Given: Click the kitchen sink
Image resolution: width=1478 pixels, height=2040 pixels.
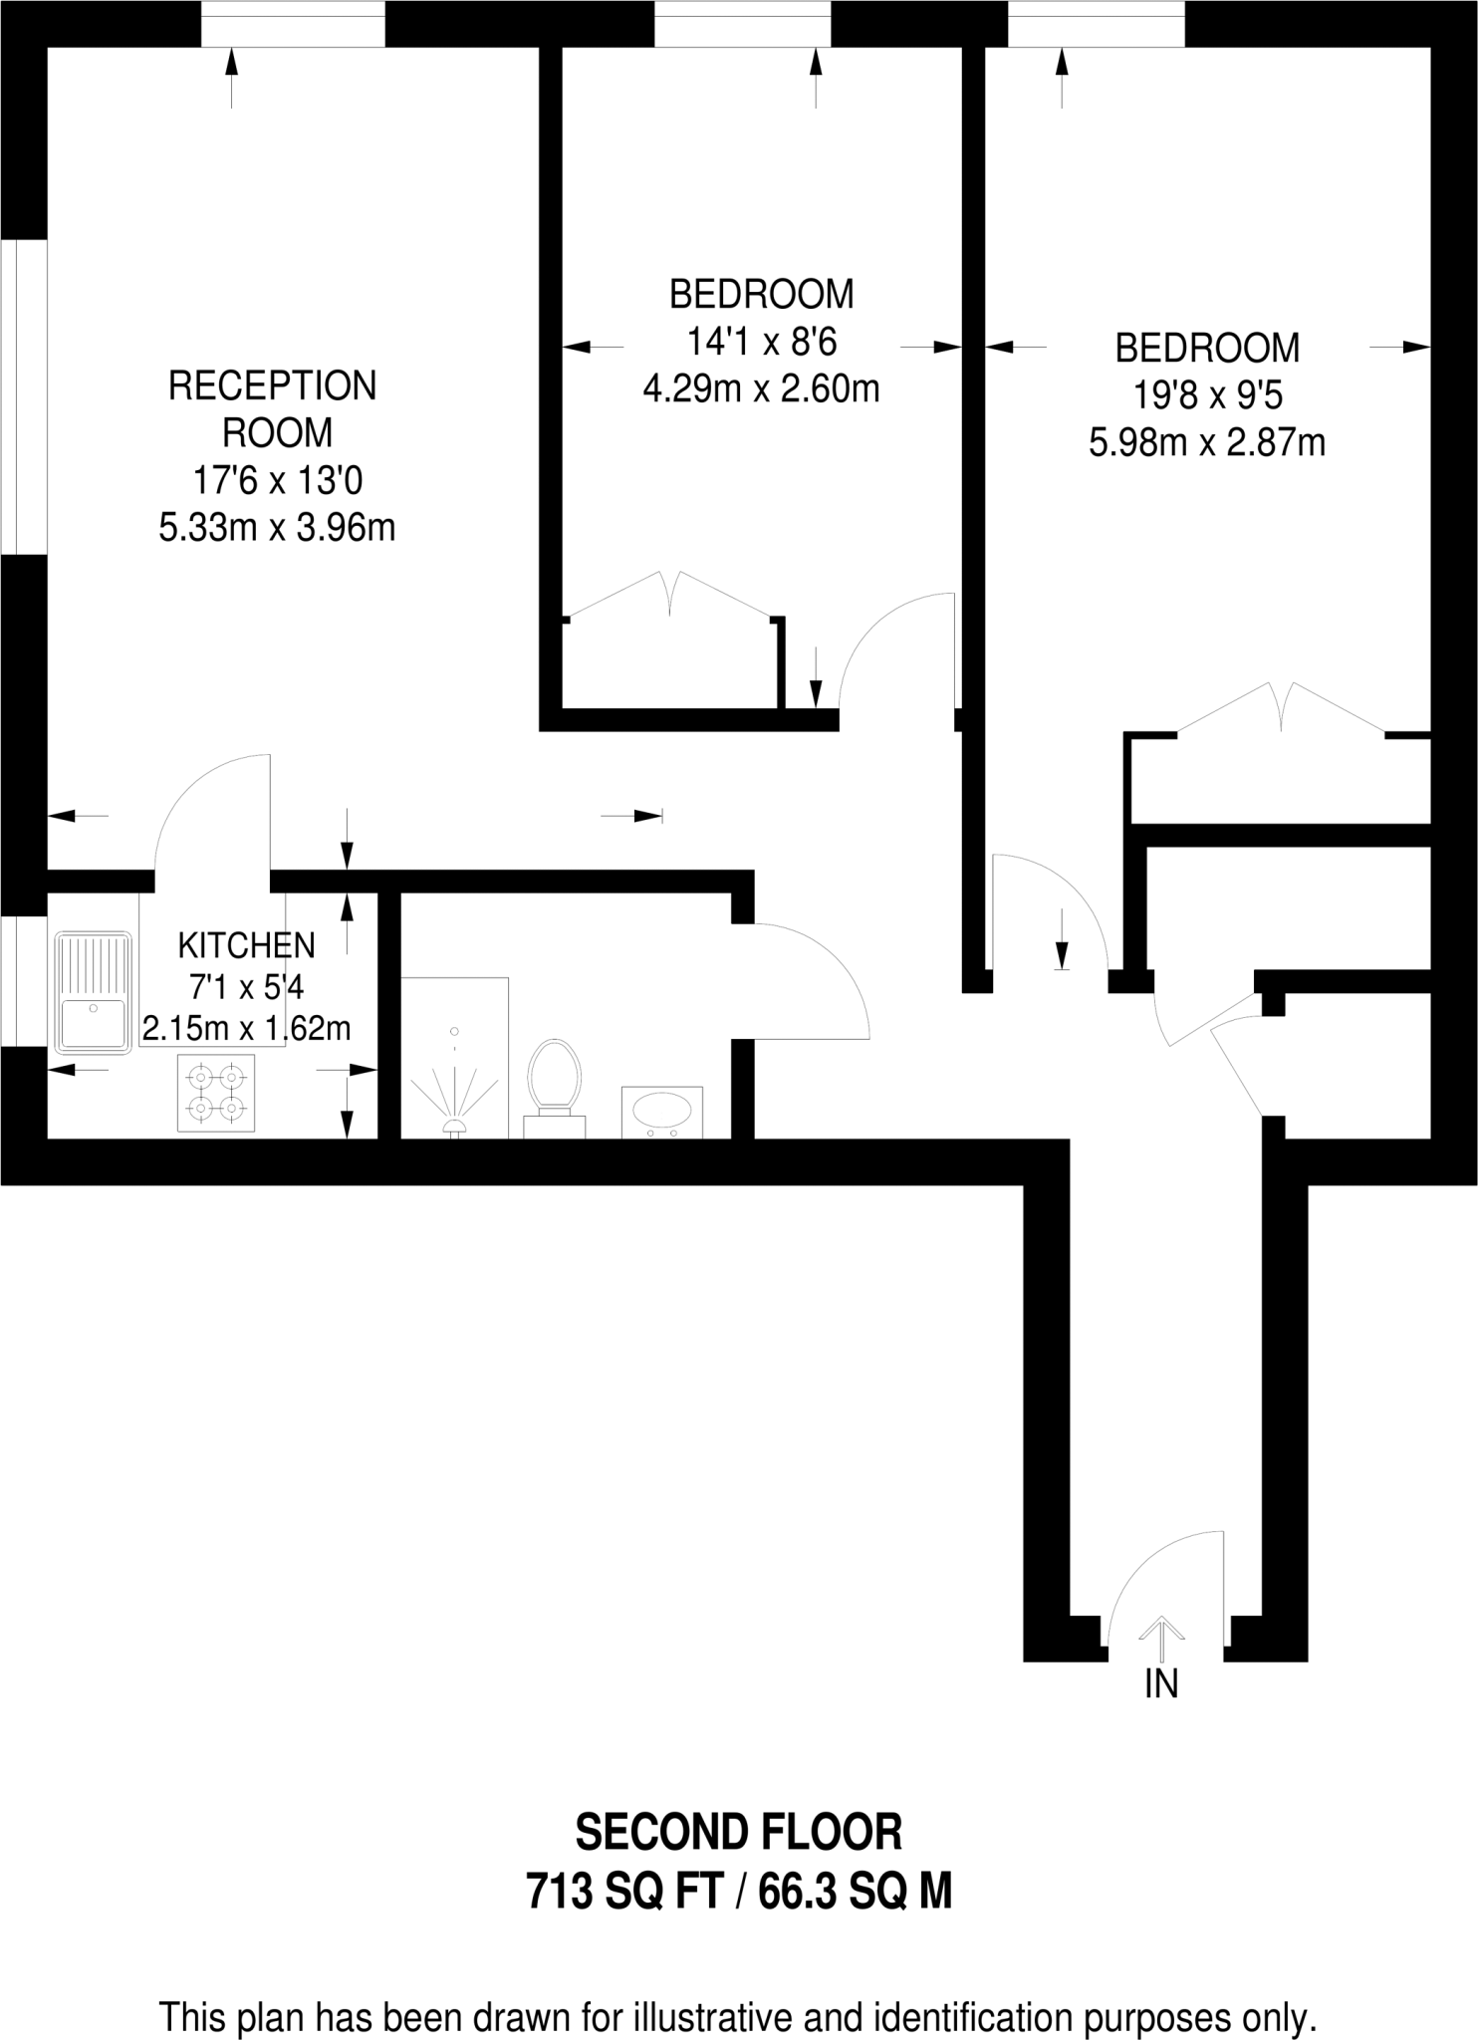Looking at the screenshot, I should coord(93,992).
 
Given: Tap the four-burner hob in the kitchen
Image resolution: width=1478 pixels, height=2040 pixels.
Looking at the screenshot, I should coord(216,1093).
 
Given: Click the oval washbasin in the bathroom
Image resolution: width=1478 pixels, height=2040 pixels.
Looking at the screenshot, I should coord(661,1109).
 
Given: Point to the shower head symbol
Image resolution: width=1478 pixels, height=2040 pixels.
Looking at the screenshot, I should coord(455,1126).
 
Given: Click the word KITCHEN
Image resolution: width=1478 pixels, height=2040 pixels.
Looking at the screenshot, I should coord(246,944).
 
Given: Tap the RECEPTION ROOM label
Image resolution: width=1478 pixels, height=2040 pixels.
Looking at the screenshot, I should coord(272,408).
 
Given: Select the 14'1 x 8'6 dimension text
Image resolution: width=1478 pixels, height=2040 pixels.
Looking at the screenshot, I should coord(762,342).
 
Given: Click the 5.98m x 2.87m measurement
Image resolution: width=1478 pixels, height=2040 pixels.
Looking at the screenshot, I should coord(1207,442).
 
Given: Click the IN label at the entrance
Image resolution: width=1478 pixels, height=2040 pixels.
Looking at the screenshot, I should coord(1161,1683).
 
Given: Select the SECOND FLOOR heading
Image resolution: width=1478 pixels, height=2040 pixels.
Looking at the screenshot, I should coord(739,1832).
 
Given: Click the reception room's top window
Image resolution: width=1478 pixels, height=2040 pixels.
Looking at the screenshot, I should coord(293,23).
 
